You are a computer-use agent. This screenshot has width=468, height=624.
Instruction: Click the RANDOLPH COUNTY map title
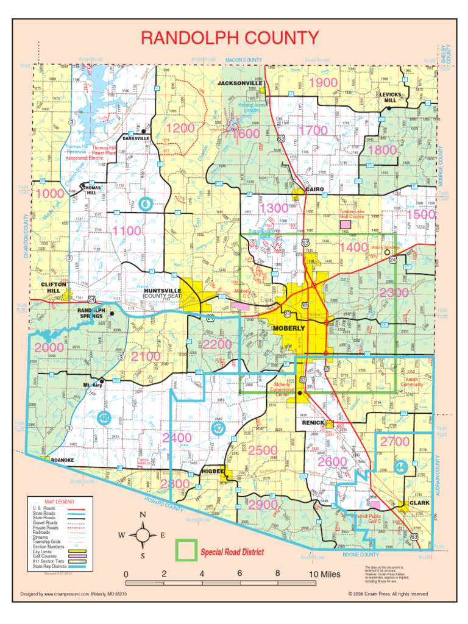click(x=230, y=38)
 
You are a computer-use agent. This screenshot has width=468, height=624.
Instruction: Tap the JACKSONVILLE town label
click(x=240, y=83)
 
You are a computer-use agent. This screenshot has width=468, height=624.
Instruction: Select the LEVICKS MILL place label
click(x=391, y=98)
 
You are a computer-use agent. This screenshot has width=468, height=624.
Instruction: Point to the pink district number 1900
click(x=323, y=83)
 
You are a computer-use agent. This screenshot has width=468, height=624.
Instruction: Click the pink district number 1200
click(x=180, y=129)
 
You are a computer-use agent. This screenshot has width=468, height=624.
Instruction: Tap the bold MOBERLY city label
click(x=289, y=328)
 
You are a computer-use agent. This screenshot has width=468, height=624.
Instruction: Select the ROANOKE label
click(x=62, y=460)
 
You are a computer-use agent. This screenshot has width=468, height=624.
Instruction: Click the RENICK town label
click(x=314, y=422)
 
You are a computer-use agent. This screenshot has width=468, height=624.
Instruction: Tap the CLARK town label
click(x=419, y=503)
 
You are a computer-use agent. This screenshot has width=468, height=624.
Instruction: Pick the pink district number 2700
click(x=395, y=441)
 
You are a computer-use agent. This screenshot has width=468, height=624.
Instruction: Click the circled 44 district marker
click(x=400, y=467)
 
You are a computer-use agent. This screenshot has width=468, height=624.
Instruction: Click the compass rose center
click(x=143, y=535)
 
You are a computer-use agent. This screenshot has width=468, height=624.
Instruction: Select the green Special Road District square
click(x=185, y=550)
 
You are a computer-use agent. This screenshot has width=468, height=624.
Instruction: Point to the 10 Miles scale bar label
click(x=324, y=575)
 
